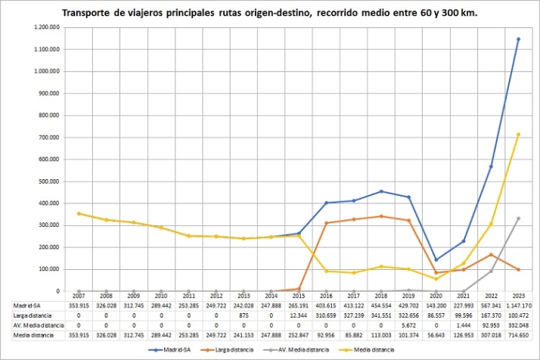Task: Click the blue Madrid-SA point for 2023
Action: tap(518, 39)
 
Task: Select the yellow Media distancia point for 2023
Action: tap(518, 134)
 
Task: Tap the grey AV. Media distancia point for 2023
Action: tap(518, 218)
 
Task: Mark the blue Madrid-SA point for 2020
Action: tap(436, 259)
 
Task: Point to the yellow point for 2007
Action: tap(79, 213)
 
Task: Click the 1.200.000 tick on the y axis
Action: tap(49, 27)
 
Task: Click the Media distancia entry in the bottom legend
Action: tap(368, 350)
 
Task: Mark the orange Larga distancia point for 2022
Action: tap(491, 254)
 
